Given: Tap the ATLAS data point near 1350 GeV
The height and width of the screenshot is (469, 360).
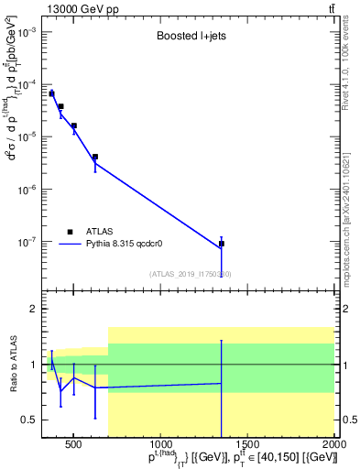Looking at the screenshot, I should tap(222, 244).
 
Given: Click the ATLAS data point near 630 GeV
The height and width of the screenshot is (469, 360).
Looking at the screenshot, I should tap(95, 157).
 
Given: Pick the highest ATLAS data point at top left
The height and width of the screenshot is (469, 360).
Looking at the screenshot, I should tap(52, 93).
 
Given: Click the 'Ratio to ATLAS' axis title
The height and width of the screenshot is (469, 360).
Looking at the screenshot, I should tap(13, 364).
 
